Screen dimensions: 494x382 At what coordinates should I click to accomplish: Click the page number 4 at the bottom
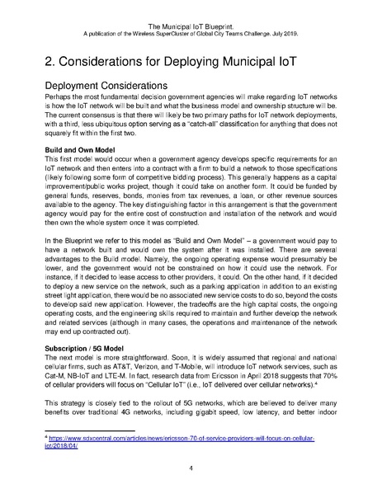point(191,468)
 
